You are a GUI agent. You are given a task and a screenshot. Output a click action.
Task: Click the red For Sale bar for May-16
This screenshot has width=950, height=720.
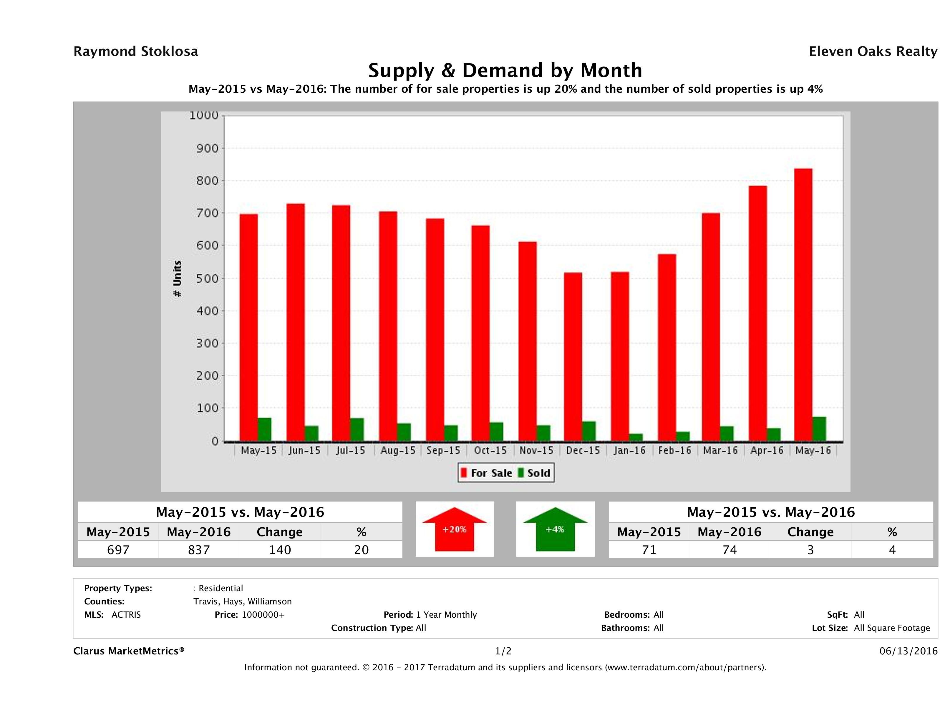pyautogui.click(x=803, y=305)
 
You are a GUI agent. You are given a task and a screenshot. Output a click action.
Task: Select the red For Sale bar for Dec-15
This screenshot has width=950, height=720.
pyautogui.click(x=573, y=356)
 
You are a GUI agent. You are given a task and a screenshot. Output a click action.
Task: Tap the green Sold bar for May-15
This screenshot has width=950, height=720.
pyautogui.click(x=265, y=429)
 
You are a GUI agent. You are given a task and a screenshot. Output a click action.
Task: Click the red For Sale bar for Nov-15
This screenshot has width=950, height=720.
pyautogui.click(x=527, y=341)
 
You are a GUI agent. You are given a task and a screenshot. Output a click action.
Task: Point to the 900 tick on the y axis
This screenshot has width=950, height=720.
pyautogui.click(x=208, y=149)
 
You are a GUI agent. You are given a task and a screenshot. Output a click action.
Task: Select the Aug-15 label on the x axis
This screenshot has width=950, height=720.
pyautogui.click(x=398, y=451)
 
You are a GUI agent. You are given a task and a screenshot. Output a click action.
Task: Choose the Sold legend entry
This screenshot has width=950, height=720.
pyautogui.click(x=534, y=473)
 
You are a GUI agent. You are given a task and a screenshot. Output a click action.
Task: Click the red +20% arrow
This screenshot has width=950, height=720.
pyautogui.click(x=454, y=529)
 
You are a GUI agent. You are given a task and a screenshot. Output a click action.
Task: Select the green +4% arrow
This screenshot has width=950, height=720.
pyautogui.click(x=555, y=529)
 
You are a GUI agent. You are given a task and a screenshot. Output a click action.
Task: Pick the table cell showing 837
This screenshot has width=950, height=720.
pyautogui.click(x=198, y=550)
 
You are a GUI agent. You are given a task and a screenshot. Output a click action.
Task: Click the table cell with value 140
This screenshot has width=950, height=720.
pyautogui.click(x=280, y=550)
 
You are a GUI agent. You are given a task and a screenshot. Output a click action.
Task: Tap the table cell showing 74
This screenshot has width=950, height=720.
pyautogui.click(x=729, y=550)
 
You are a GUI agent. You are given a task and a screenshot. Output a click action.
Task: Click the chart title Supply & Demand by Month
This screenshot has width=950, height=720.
pyautogui.click(x=505, y=70)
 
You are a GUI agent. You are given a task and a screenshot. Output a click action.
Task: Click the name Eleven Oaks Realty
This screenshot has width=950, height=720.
pyautogui.click(x=873, y=51)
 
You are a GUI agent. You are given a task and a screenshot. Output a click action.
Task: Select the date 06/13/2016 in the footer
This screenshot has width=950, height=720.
pyautogui.click(x=908, y=651)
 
